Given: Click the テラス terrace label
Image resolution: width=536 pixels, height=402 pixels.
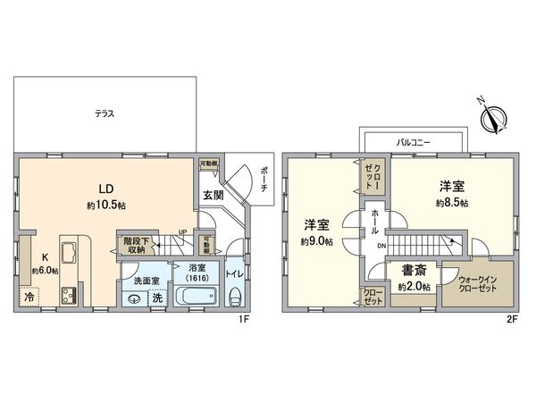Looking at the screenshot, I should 106,114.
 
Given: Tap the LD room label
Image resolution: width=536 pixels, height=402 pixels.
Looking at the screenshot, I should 105,188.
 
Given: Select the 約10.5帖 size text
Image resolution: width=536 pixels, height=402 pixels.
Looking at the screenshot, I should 105,205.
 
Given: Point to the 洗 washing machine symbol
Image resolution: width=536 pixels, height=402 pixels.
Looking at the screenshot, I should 156,298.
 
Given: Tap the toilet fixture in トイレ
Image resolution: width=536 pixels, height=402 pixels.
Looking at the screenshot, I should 235,297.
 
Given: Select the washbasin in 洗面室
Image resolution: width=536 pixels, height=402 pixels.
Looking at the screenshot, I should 133,299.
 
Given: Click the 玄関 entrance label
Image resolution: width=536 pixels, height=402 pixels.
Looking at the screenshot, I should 213,195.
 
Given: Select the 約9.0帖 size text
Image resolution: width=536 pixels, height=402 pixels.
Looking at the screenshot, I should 317,241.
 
